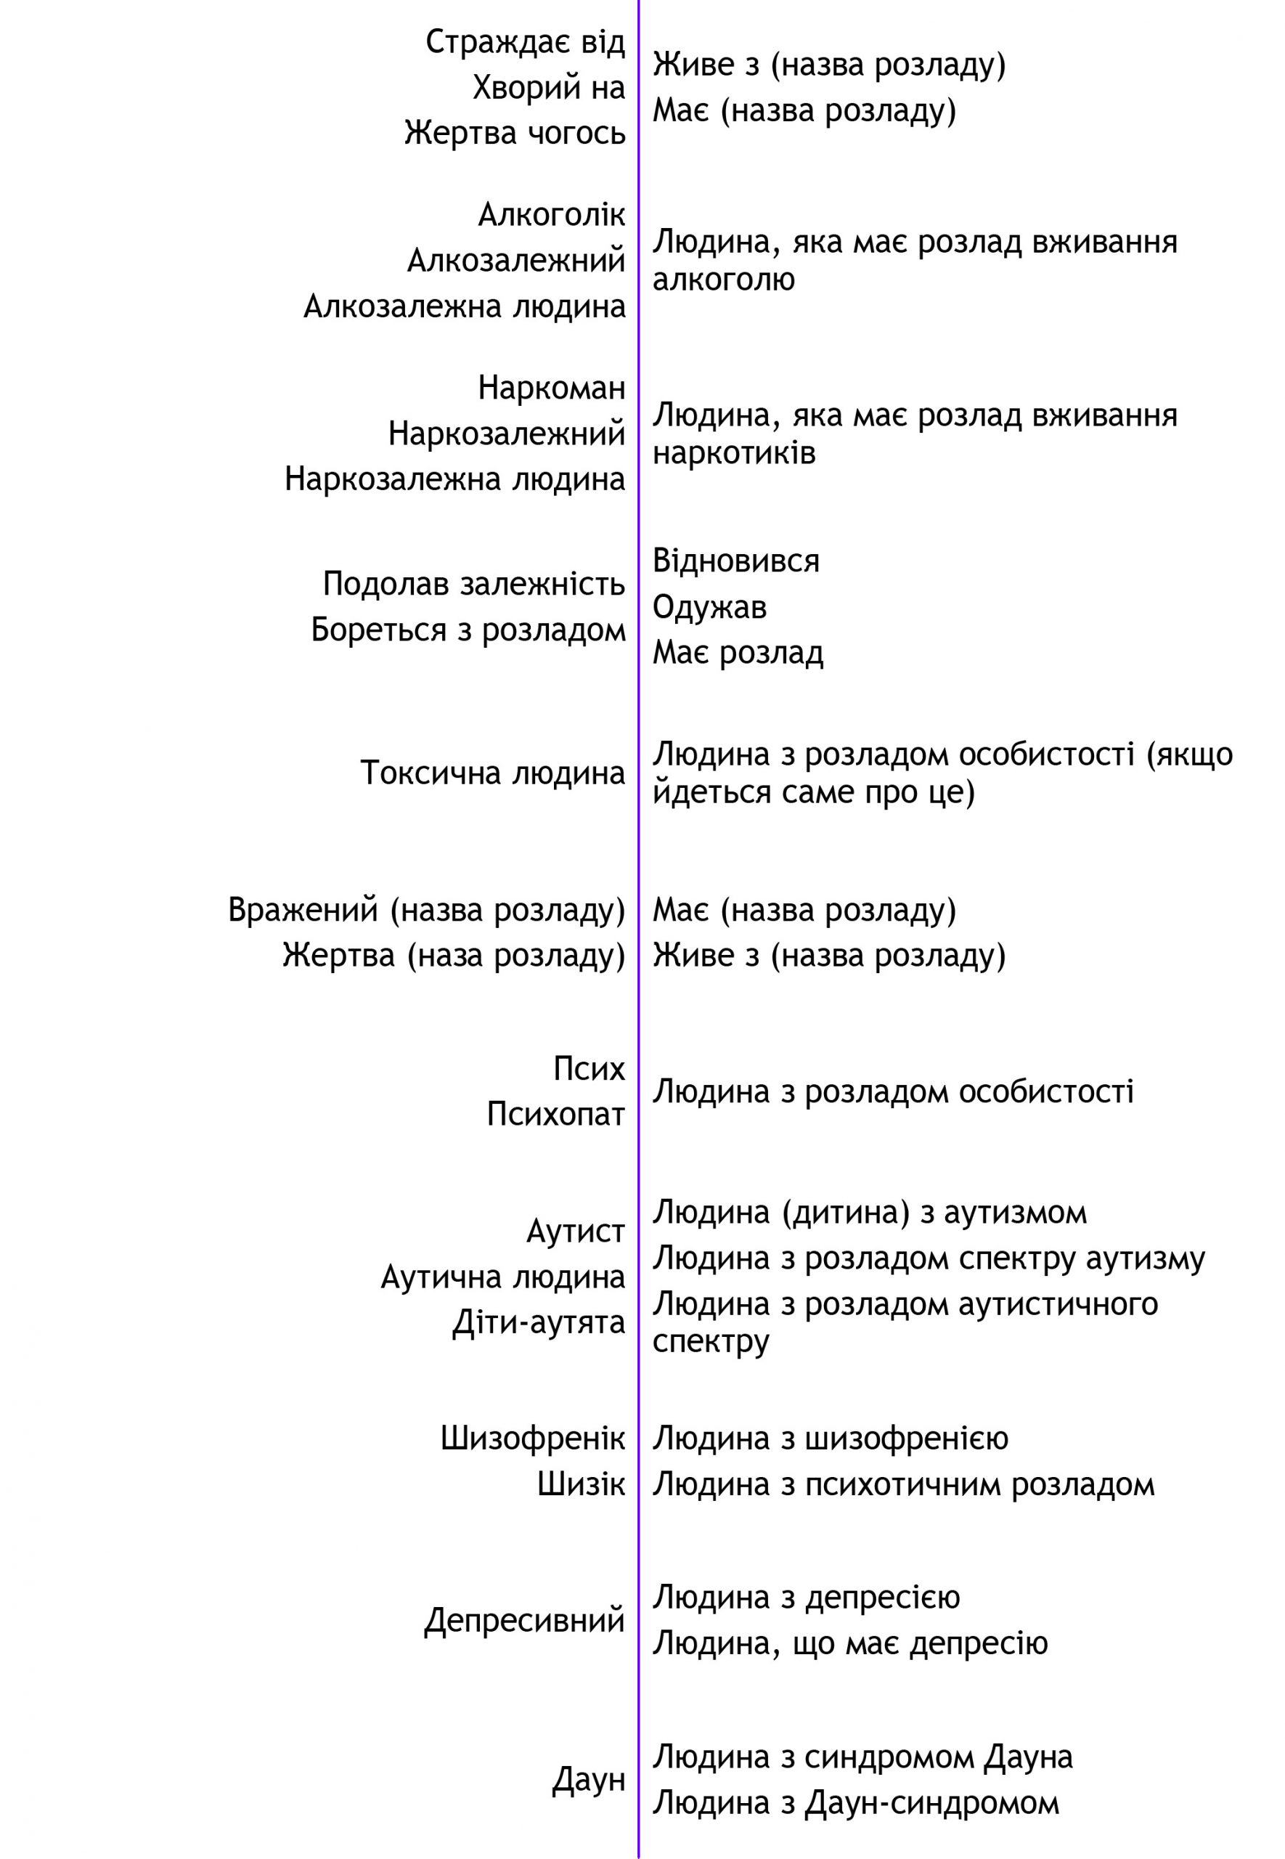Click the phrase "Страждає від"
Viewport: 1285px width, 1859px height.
(x=525, y=42)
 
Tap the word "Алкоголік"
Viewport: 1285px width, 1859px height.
(x=552, y=215)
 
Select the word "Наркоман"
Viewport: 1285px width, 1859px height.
(x=552, y=388)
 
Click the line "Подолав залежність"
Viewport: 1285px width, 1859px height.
(x=474, y=584)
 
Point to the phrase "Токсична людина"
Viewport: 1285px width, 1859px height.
(x=493, y=773)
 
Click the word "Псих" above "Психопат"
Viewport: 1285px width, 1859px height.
(x=590, y=1069)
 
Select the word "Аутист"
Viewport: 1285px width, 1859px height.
(x=576, y=1231)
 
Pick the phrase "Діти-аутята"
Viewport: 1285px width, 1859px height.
(x=539, y=1323)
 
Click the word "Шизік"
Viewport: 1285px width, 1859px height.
(x=582, y=1484)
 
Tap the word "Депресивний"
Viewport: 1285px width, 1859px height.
(x=525, y=1621)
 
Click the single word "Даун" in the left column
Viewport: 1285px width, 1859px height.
(x=589, y=1780)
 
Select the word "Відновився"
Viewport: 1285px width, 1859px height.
(x=736, y=561)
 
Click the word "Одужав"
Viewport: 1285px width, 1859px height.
(x=709, y=607)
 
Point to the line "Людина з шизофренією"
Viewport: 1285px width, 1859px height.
(x=830, y=1439)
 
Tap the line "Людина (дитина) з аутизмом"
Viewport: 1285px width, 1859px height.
(x=870, y=1213)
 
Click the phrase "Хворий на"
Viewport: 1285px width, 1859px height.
(x=549, y=88)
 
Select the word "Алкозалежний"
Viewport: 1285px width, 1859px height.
(x=516, y=261)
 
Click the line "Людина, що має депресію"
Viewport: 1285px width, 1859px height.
(x=850, y=1643)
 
